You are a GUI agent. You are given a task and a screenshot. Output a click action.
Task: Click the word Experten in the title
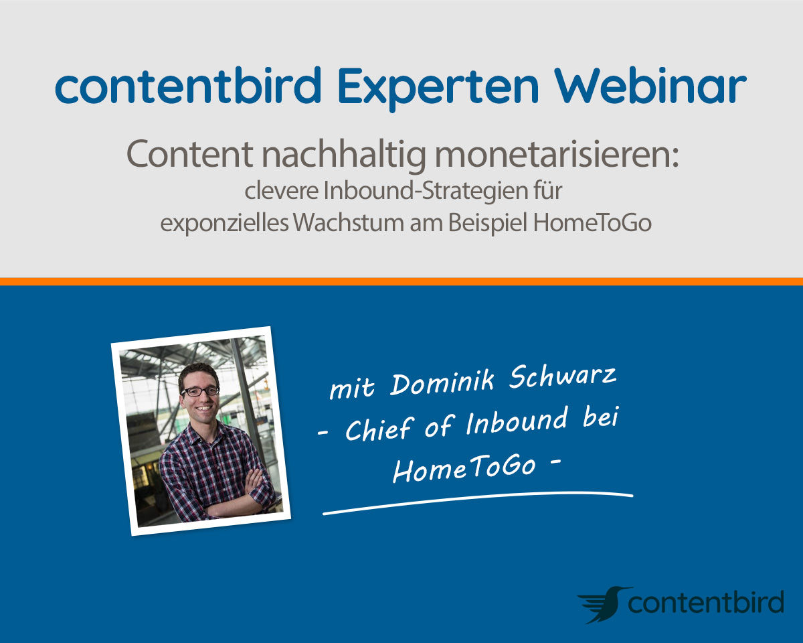(x=438, y=86)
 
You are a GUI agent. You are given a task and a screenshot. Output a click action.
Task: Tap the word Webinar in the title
(x=650, y=85)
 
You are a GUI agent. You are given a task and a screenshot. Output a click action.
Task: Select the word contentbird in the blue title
(x=188, y=85)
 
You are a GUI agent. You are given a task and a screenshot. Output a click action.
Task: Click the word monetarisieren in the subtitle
(x=557, y=154)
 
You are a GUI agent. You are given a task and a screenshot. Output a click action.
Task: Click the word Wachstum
(x=349, y=222)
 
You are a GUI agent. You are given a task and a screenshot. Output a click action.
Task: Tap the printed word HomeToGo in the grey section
(x=592, y=222)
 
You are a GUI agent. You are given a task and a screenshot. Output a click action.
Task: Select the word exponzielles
(x=224, y=224)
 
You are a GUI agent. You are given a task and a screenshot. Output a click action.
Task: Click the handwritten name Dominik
(x=442, y=382)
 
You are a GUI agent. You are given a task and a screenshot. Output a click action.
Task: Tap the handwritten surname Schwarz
(x=563, y=376)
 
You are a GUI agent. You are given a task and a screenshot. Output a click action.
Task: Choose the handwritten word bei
(x=601, y=417)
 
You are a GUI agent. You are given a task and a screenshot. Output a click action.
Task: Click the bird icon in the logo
(x=604, y=605)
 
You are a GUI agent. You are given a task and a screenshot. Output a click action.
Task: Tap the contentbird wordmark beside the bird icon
(x=705, y=602)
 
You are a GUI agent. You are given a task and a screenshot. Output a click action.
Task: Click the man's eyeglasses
(x=200, y=391)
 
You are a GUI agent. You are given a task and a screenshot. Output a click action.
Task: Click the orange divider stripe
(x=401, y=281)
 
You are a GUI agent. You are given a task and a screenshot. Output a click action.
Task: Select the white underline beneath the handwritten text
(x=478, y=502)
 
